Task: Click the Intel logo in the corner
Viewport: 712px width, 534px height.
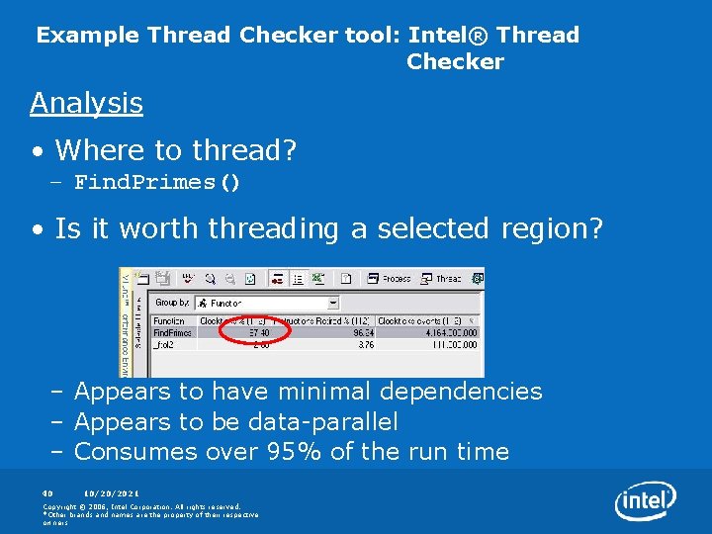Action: tap(646, 502)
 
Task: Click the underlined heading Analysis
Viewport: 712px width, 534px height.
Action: tap(86, 103)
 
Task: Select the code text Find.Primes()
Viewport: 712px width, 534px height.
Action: tap(157, 182)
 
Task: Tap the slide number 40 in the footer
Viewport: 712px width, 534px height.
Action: tap(47, 492)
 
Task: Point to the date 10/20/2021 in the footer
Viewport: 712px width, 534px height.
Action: tap(111, 492)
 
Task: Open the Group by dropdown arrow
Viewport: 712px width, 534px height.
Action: tap(332, 303)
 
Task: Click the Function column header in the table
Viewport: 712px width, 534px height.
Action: tap(169, 320)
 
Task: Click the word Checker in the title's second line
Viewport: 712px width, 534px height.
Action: tap(455, 62)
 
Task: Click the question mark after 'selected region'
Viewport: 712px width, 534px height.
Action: tap(594, 228)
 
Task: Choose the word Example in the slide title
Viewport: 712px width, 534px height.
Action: tap(88, 36)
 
